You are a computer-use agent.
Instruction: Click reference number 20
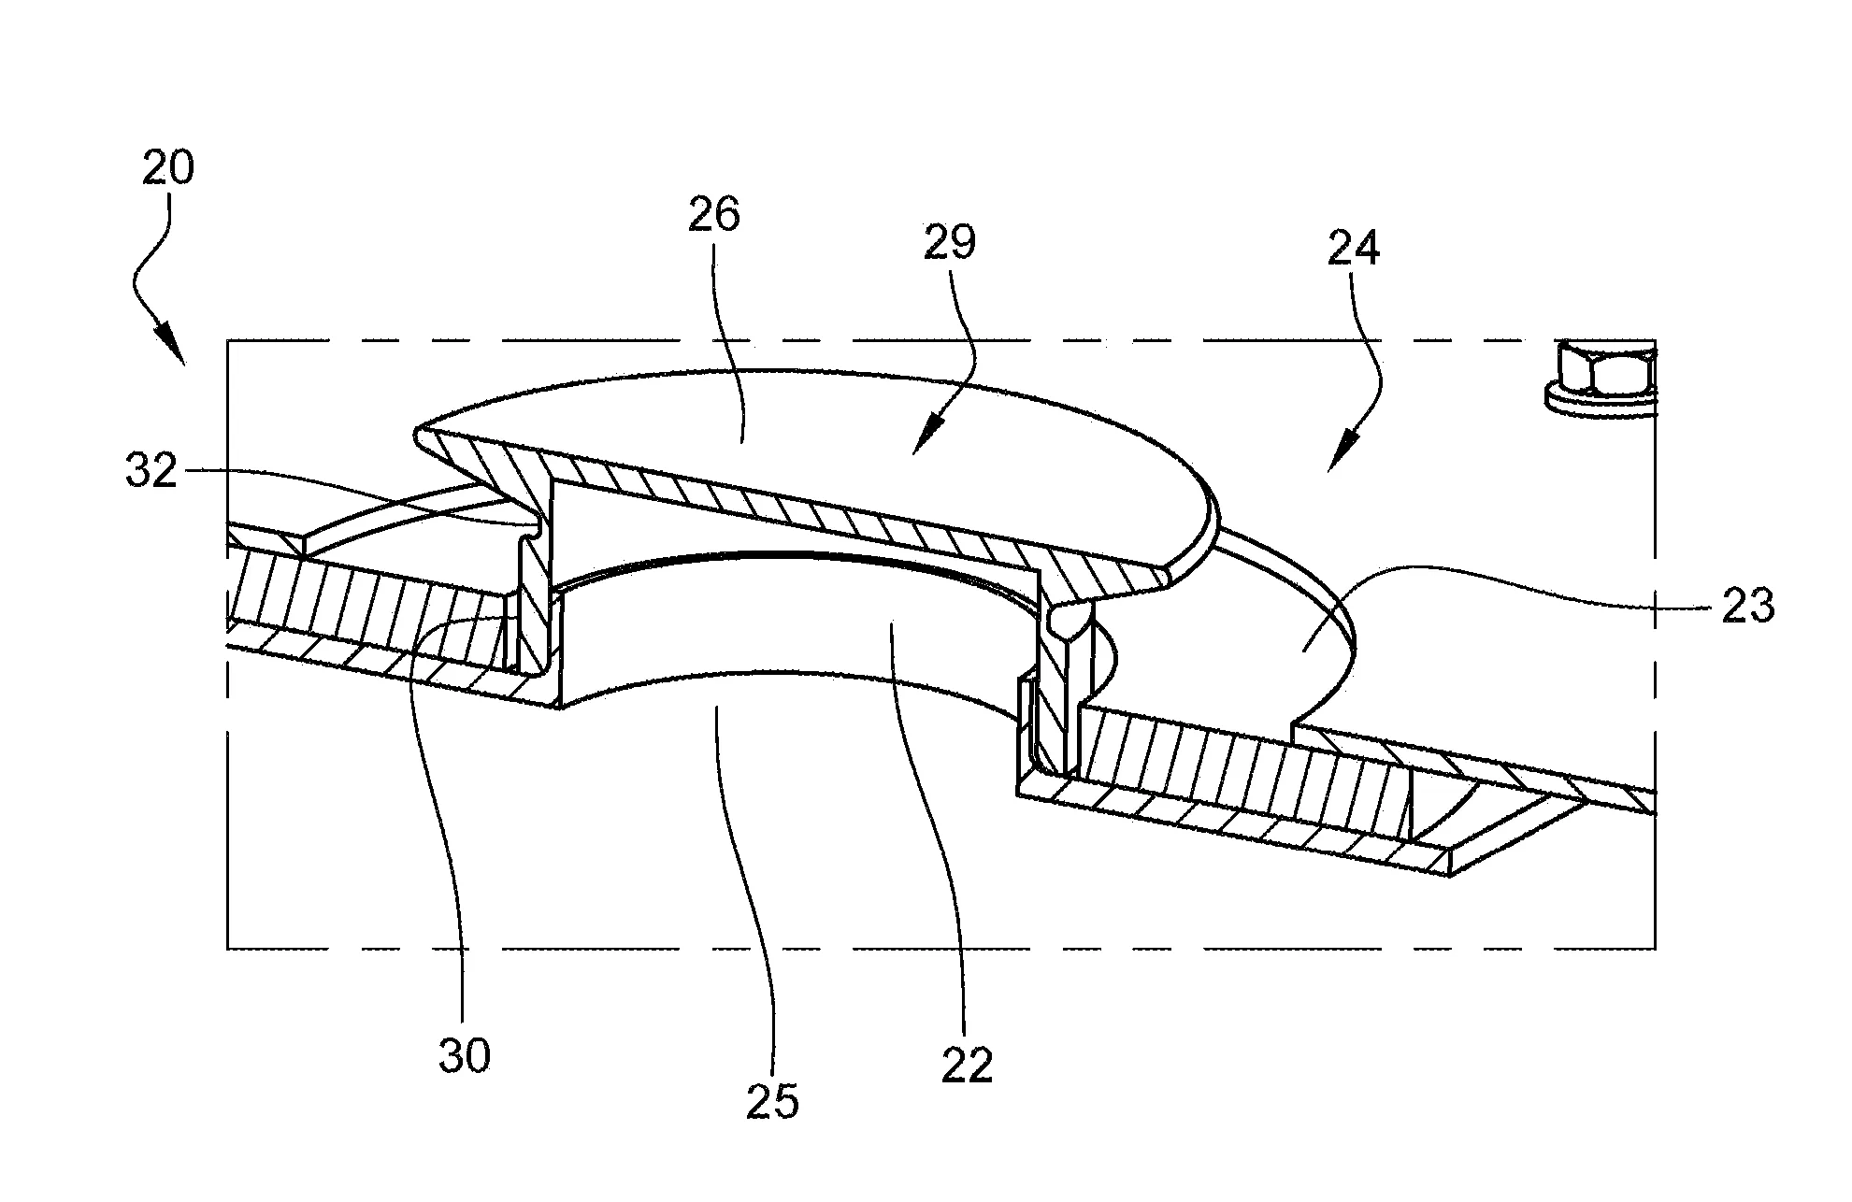168,168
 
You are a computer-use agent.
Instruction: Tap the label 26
713,215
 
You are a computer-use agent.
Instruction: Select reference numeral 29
949,242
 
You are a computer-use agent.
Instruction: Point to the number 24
1353,249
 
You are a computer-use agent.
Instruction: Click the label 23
1746,606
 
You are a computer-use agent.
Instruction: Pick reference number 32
151,472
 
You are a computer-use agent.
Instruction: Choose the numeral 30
464,1057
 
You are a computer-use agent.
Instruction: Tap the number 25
772,1102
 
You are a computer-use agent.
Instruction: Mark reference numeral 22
966,1066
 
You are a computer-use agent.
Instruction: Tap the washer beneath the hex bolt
1599,400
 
